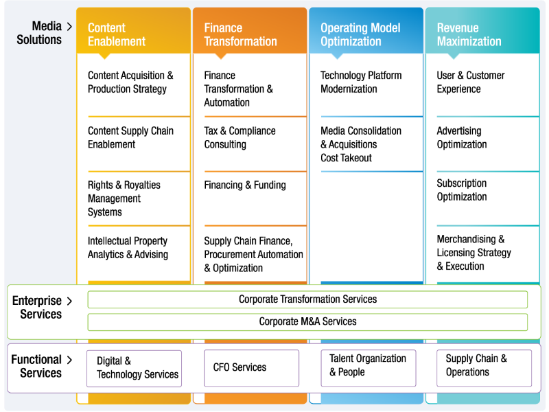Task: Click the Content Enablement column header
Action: [x=133, y=31]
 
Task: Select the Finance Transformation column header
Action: [x=250, y=31]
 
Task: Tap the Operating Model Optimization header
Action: [x=366, y=31]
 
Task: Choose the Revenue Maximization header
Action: [x=482, y=31]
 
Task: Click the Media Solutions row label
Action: [x=39, y=33]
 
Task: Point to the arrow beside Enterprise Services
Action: [x=69, y=301]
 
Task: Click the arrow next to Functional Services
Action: [x=69, y=360]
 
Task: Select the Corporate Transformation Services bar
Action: [x=307, y=299]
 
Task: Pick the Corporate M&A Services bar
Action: [x=307, y=322]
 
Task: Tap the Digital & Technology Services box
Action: [x=134, y=368]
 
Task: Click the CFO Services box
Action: [x=251, y=368]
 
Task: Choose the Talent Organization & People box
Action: [x=369, y=368]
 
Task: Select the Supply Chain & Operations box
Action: [x=484, y=368]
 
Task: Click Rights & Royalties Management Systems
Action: [x=124, y=198]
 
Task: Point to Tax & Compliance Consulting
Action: [x=240, y=138]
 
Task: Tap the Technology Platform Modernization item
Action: [x=361, y=82]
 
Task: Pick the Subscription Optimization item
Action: [x=461, y=190]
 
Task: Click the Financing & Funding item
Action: [x=245, y=185]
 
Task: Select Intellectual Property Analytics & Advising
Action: [x=128, y=248]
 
